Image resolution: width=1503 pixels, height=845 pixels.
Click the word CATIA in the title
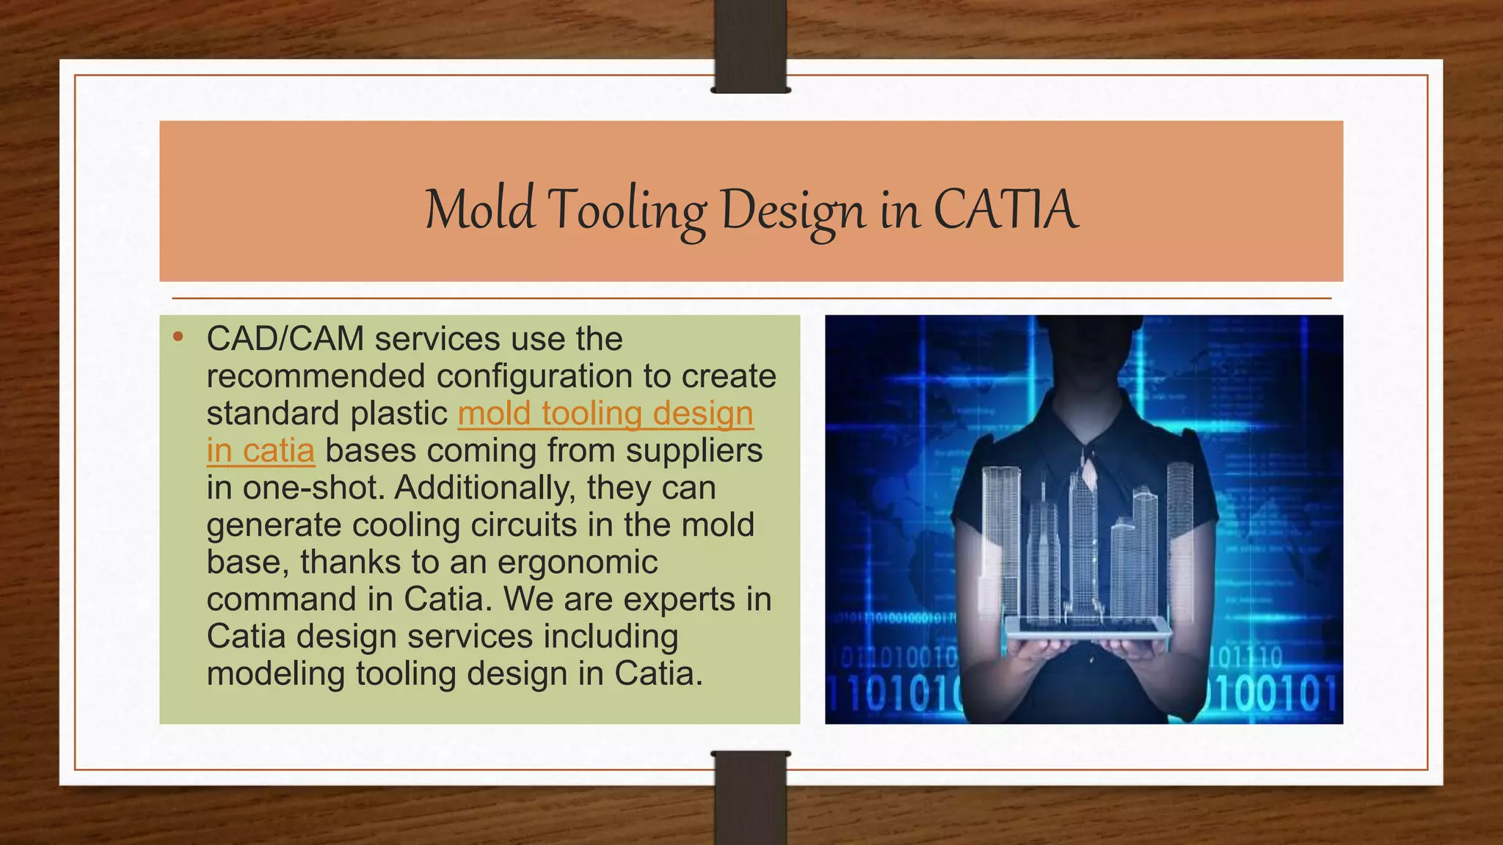tap(1005, 210)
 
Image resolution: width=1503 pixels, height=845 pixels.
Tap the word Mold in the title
tap(480, 210)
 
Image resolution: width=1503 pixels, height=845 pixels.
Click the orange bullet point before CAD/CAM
tap(177, 337)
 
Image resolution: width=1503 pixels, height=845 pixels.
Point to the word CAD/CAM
tap(285, 339)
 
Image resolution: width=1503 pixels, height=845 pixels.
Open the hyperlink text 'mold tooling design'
tap(605, 414)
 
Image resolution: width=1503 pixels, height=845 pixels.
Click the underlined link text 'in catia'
tap(261, 451)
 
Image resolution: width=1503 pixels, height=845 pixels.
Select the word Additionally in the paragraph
tap(484, 488)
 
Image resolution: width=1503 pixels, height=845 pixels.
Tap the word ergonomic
tap(578, 563)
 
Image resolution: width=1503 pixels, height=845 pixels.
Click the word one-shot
tap(314, 489)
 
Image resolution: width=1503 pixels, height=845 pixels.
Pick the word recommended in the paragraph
tap(316, 376)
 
